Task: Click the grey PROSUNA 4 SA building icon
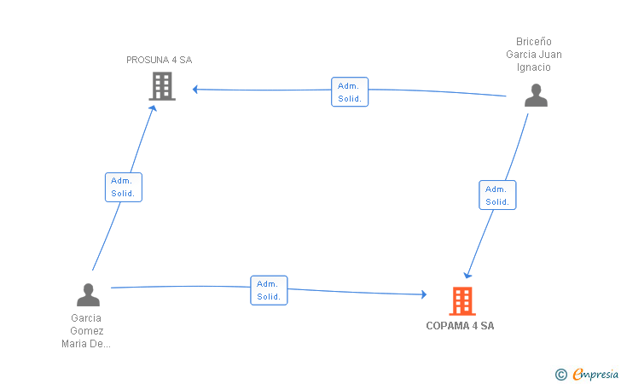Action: pyautogui.click(x=162, y=86)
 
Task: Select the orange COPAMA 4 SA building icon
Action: pyautogui.click(x=462, y=301)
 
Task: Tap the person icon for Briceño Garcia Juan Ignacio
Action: pyautogui.click(x=536, y=95)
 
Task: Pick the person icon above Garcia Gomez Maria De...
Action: pyautogui.click(x=88, y=295)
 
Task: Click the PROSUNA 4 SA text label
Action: pyautogui.click(x=160, y=60)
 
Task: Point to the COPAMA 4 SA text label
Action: pyautogui.click(x=460, y=326)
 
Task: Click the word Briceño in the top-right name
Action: pyautogui.click(x=533, y=42)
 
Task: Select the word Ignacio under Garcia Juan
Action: pyautogui.click(x=533, y=67)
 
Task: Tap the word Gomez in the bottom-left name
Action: pyautogui.click(x=87, y=331)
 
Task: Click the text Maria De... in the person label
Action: pyautogui.click(x=86, y=344)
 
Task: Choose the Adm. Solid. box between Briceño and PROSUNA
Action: pyautogui.click(x=350, y=92)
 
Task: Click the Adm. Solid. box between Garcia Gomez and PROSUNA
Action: pyautogui.click(x=124, y=187)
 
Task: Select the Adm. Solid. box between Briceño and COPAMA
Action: pyautogui.click(x=497, y=195)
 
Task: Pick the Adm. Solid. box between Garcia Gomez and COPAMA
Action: pyautogui.click(x=269, y=290)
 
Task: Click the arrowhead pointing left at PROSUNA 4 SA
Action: pyautogui.click(x=194, y=89)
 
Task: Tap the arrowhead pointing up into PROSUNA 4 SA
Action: pyautogui.click(x=153, y=108)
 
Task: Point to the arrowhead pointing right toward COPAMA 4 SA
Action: pyautogui.click(x=424, y=294)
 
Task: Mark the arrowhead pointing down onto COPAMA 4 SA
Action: pyautogui.click(x=467, y=276)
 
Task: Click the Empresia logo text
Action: pyautogui.click(x=595, y=374)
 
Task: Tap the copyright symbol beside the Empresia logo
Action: pyautogui.click(x=561, y=375)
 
